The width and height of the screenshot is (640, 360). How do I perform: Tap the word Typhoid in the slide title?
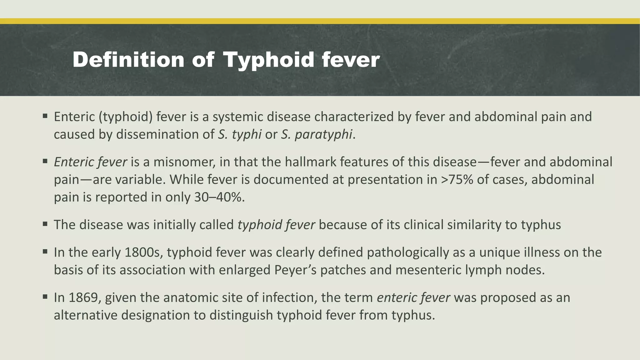tap(268, 60)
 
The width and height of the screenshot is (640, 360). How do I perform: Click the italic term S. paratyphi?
tap(317, 134)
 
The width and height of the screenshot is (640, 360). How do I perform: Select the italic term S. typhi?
tap(240, 134)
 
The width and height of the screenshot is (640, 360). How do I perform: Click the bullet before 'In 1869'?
tap(45, 296)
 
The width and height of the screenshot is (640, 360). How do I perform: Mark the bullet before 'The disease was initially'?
tap(45, 224)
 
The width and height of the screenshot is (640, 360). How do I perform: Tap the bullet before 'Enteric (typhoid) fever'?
tap(45, 116)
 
